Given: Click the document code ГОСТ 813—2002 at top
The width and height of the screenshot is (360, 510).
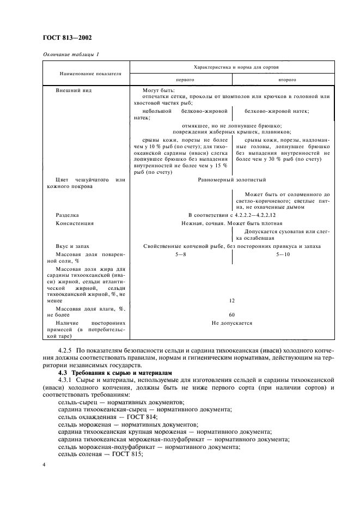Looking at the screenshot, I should point(68,38).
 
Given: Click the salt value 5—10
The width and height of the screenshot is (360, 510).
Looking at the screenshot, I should point(283,254).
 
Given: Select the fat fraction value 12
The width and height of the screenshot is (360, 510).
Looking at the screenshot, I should point(232,300).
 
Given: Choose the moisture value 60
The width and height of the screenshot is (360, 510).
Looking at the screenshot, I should point(232,314).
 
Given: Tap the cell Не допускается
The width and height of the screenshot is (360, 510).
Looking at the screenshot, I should point(232,323).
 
